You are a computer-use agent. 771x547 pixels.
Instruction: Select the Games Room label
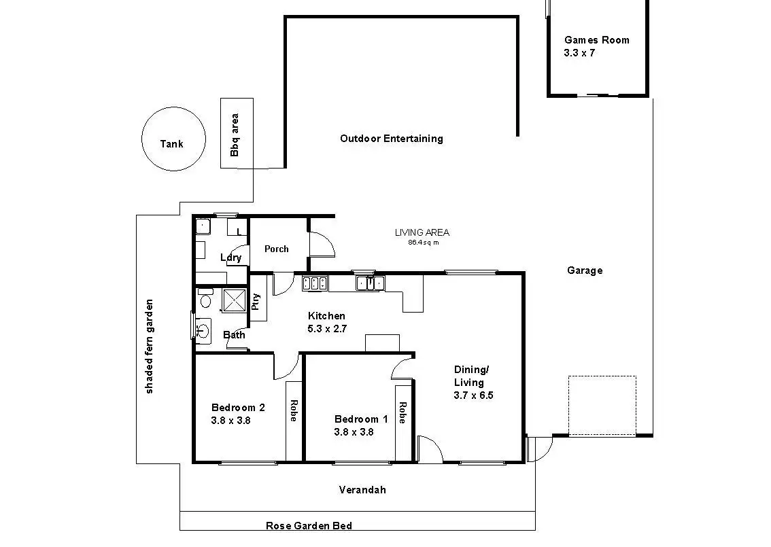[596, 40]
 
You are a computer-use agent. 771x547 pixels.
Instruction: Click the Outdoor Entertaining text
[392, 139]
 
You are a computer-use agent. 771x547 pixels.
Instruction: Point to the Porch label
[276, 249]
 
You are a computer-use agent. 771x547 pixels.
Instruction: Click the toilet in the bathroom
[205, 298]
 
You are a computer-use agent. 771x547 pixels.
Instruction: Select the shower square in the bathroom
[234, 300]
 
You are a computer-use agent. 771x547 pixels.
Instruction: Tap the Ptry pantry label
[256, 302]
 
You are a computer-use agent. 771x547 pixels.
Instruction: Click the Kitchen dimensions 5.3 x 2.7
[327, 329]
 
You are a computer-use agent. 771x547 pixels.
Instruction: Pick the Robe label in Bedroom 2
[294, 410]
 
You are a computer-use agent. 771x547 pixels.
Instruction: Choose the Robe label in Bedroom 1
[402, 413]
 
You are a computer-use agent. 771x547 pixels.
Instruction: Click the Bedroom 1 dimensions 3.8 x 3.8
[354, 432]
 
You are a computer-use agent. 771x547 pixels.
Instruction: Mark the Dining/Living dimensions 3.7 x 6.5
[473, 395]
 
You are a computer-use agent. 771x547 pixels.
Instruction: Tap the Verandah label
[362, 490]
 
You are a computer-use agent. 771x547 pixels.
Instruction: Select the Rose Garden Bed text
[309, 526]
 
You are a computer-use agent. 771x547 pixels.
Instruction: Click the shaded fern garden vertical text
[150, 347]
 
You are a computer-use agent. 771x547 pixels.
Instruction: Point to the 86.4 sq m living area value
[424, 243]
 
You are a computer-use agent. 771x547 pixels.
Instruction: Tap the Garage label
[585, 270]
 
